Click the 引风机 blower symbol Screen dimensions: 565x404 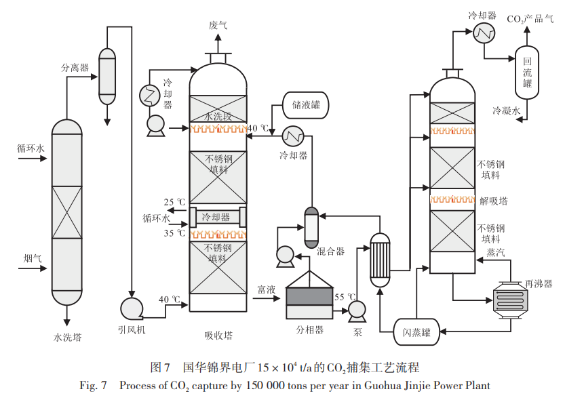pyautogui.click(x=131, y=308)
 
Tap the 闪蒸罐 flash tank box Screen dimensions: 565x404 pyautogui.click(x=416, y=331)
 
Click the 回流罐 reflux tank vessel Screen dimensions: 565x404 pyautogui.click(x=527, y=73)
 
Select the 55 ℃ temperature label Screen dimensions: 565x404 pyautogui.click(x=345, y=297)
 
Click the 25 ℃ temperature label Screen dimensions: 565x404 pyautogui.click(x=174, y=202)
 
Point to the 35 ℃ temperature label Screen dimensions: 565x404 pyautogui.click(x=174, y=233)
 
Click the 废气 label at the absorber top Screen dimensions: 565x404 pyautogui.click(x=218, y=25)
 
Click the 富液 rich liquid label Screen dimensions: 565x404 pyautogui.click(x=266, y=289)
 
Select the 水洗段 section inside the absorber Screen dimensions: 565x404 pyautogui.click(x=218, y=116)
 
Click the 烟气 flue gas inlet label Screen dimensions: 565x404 pyautogui.click(x=33, y=258)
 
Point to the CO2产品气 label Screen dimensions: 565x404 pyautogui.click(x=531, y=19)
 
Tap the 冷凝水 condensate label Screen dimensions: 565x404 pyautogui.click(x=506, y=110)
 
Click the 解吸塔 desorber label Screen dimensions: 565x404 pyautogui.click(x=493, y=201)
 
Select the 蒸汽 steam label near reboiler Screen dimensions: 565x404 pyautogui.click(x=495, y=252)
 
